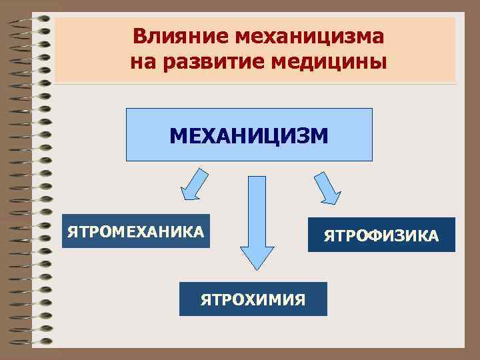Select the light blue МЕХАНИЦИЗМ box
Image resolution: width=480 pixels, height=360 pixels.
coord(249,135)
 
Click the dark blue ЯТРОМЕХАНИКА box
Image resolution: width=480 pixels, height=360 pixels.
coord(135,231)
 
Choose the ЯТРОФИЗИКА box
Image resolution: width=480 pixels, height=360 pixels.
coord(381,235)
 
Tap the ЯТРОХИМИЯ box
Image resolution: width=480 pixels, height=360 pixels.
coord(253,299)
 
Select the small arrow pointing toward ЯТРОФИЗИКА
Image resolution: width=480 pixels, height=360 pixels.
coord(327,187)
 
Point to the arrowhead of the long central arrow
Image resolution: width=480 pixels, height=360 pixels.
coord(257,257)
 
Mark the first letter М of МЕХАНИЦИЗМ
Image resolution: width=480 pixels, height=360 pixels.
coord(178,136)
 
